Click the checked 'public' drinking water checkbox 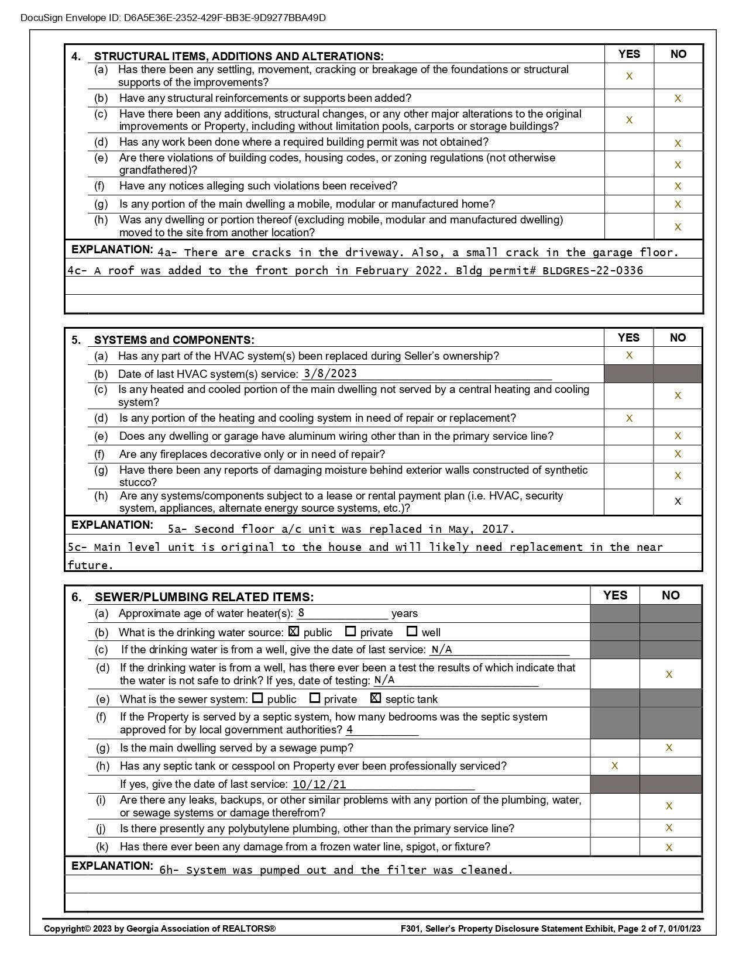[x=294, y=632]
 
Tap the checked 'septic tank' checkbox [x=376, y=698]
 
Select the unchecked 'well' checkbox [x=412, y=632]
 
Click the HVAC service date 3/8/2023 [x=330, y=374]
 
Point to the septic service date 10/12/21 [x=319, y=784]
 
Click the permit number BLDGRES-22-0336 [x=593, y=271]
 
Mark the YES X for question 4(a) [x=630, y=76]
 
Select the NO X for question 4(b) [x=678, y=98]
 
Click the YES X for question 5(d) [x=630, y=418]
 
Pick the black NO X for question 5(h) [x=678, y=501]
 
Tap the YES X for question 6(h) [x=614, y=766]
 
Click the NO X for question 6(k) [x=669, y=847]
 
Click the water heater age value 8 [x=301, y=613]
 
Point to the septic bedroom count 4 [x=350, y=729]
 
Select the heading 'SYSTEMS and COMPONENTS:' [x=174, y=340]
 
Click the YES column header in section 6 [x=615, y=595]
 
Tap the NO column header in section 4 [x=678, y=54]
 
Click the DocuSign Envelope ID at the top [x=173, y=18]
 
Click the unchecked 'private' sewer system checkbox [x=315, y=698]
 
